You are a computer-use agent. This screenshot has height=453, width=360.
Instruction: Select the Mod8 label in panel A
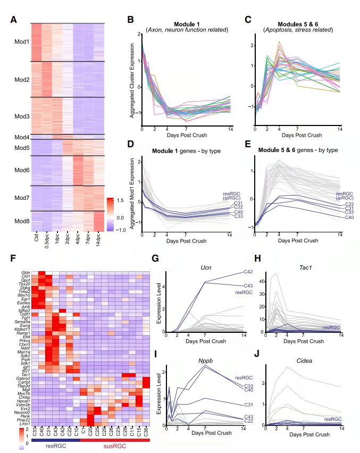coord(22,221)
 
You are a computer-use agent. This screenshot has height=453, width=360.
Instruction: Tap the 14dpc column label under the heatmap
coord(99,237)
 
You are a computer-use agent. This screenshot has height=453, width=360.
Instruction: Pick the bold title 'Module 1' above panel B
coord(188,23)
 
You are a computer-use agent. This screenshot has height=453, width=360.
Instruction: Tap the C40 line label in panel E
coord(348,217)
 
